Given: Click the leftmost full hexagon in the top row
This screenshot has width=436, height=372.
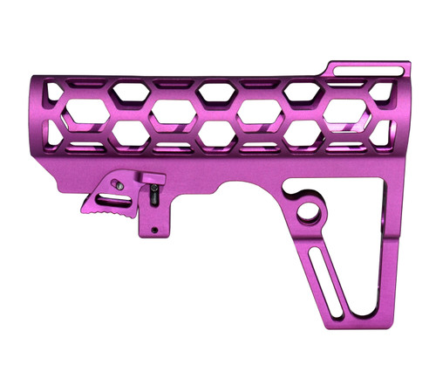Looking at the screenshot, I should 129,90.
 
